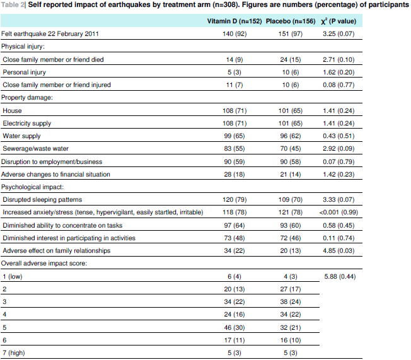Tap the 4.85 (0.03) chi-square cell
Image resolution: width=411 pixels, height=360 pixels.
coord(341,251)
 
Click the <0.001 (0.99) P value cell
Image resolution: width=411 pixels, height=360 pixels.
coord(341,213)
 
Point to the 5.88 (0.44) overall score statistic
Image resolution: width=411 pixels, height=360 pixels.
coord(341,277)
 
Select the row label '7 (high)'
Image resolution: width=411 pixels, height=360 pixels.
coord(14,354)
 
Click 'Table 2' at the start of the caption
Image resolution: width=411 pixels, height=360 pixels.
coord(13,5)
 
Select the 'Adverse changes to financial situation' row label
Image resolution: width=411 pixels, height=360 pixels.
coord(56,175)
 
